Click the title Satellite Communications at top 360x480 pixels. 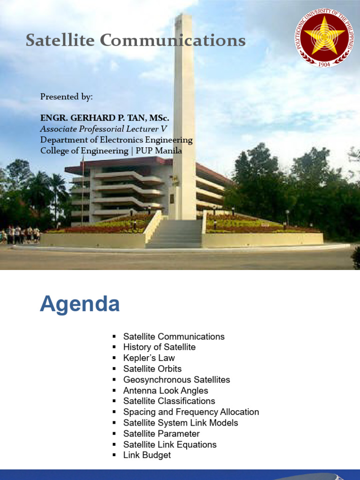135,41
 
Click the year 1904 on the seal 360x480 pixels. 324,64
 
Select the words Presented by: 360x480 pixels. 67,97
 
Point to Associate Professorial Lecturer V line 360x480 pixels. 104,128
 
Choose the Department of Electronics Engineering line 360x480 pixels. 116,140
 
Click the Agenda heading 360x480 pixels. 80,305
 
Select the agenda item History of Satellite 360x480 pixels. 159,347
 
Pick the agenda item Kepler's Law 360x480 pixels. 149,358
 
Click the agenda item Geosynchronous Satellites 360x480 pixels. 177,380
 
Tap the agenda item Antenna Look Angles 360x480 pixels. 165,390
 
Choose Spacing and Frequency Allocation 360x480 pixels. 191,412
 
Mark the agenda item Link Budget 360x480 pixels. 147,455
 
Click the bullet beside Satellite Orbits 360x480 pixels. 114,369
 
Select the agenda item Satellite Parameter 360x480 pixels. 161,434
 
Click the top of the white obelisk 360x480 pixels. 183,18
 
